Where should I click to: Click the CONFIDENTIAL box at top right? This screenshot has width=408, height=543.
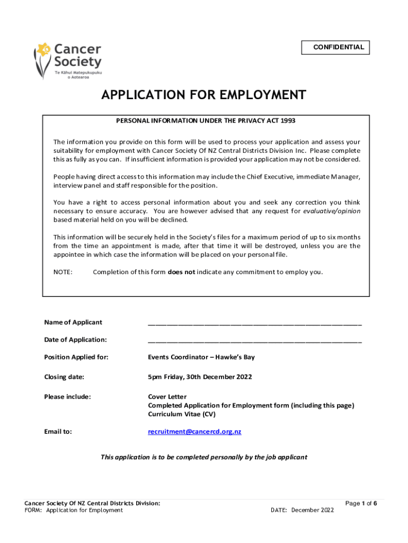pos(335,48)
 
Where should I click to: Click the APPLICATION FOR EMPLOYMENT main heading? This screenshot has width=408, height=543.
pos(204,95)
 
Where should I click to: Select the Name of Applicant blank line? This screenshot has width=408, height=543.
pos(254,322)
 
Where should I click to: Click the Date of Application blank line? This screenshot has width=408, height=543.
pos(254,339)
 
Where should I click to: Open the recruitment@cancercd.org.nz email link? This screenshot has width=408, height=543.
pos(194,432)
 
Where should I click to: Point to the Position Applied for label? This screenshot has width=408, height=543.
pos(76,357)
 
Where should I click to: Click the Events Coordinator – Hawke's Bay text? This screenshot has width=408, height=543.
pos(201,357)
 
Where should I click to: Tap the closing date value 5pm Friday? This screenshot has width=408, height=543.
pos(200,377)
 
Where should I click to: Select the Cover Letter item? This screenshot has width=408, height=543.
pos(167,397)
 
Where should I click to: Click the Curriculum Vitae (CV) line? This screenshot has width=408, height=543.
pos(181,414)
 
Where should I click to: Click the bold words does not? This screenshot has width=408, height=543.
pos(181,273)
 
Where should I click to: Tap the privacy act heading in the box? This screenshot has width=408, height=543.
pos(206,121)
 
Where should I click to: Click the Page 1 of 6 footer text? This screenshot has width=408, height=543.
pos(361,503)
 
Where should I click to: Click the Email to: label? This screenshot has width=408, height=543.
pos(58,432)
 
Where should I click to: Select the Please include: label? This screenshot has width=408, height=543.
pos(67,397)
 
